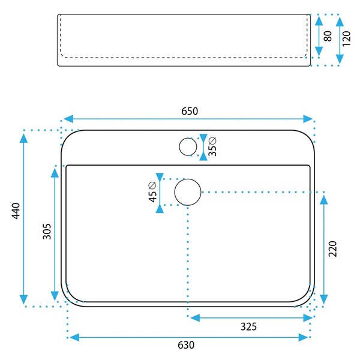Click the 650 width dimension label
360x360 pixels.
pyautogui.click(x=190, y=111)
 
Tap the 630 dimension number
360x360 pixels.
pyautogui.click(x=186, y=345)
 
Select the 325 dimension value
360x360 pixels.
pyautogui.click(x=248, y=326)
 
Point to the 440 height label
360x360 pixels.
pyautogui.click(x=16, y=211)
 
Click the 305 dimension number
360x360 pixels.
pyautogui.click(x=47, y=232)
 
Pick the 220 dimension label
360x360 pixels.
pyautogui.click(x=332, y=249)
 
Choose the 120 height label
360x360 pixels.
pyautogui.click(x=346, y=38)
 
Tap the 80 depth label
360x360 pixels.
pyautogui.click(x=328, y=36)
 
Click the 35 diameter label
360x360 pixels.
pyautogui.click(x=212, y=146)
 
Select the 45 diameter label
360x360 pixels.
pyautogui.click(x=152, y=192)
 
